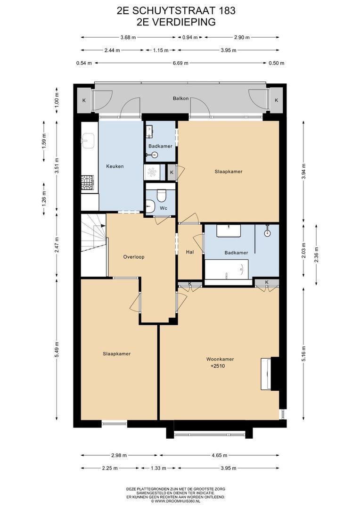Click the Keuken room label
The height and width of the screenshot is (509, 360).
(115, 166)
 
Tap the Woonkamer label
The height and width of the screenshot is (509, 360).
(220, 359)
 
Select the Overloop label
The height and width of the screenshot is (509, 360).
(133, 257)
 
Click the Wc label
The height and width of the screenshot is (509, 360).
(164, 208)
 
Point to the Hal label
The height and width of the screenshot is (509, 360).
(190, 252)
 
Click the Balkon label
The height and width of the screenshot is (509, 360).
(180, 99)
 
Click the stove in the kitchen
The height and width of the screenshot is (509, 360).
(88, 183)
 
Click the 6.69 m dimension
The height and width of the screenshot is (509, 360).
(180, 63)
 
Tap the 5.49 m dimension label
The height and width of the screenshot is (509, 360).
(57, 349)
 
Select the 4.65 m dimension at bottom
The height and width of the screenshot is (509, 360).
(219, 455)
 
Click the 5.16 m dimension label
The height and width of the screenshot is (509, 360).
(304, 353)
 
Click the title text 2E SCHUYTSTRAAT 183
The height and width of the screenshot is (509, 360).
(180, 10)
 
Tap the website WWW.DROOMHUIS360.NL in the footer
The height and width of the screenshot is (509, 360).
(180, 501)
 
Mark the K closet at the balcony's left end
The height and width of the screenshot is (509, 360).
(84, 100)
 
